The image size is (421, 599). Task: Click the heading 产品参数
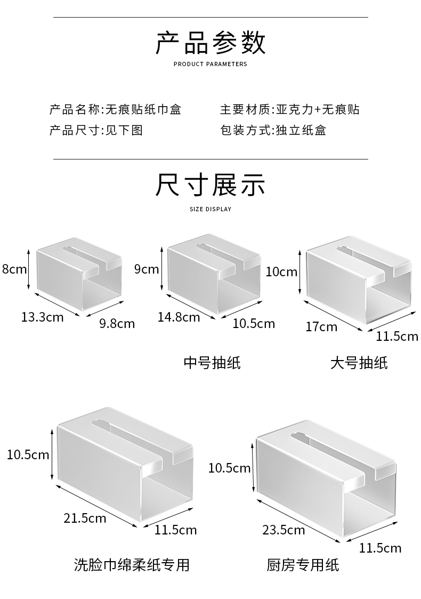[210, 43]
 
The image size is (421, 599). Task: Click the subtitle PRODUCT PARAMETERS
[210, 64]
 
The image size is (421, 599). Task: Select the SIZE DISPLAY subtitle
[210, 209]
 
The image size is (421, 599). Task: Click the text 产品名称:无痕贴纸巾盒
[115, 109]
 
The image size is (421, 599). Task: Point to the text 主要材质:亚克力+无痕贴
[289, 109]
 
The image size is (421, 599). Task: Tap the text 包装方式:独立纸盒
[273, 130]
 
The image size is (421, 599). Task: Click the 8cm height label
[14, 269]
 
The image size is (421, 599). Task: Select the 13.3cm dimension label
[42, 317]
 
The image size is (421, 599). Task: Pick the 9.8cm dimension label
[117, 323]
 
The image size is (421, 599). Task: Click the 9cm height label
[147, 269]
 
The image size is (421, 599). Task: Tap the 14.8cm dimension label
[179, 317]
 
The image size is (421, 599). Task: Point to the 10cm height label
[281, 272]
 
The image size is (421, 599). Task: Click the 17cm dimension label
[321, 326]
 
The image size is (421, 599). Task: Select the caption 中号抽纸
[212, 363]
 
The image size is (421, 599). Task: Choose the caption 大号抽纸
[359, 363]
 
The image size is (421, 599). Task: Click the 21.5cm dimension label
[85, 517]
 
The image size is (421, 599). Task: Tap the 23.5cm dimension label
[284, 530]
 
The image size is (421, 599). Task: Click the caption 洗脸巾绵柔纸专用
[132, 565]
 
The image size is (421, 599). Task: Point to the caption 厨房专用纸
[303, 565]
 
